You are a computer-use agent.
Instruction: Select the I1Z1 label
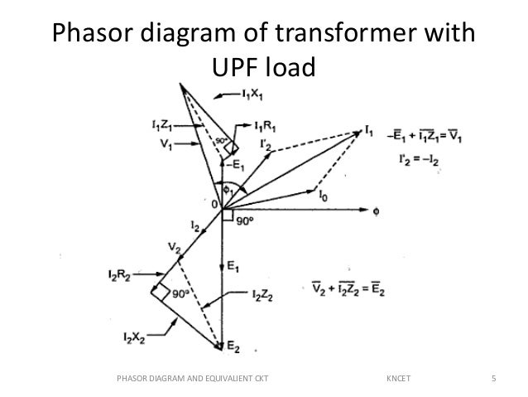(162, 126)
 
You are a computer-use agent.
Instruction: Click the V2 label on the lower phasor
(172, 248)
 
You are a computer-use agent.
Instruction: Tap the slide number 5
(494, 380)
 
